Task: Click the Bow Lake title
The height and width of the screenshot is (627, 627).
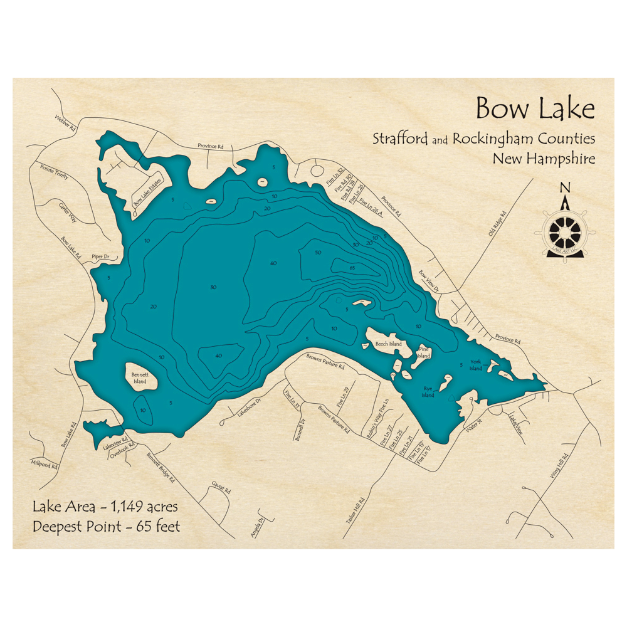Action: click(535, 108)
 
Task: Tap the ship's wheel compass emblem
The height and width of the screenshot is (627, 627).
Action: click(564, 230)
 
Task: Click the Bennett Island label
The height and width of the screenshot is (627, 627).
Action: click(139, 378)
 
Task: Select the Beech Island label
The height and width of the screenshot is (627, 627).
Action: click(388, 344)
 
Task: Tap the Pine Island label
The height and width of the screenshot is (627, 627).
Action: click(424, 352)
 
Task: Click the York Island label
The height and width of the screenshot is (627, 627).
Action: click(477, 366)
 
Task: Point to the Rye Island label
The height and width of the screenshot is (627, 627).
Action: click(428, 393)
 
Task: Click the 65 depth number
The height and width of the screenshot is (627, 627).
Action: click(352, 268)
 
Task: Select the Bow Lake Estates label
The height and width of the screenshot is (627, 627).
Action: click(147, 191)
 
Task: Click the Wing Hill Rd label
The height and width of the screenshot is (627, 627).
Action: click(559, 467)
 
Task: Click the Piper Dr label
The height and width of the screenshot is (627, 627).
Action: click(100, 257)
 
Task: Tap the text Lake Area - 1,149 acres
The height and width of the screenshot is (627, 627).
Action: click(105, 506)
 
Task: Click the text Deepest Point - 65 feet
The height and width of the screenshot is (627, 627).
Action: click(106, 526)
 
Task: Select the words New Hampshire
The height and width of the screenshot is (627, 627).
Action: click(544, 159)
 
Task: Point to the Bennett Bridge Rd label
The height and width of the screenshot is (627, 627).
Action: click(161, 468)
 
